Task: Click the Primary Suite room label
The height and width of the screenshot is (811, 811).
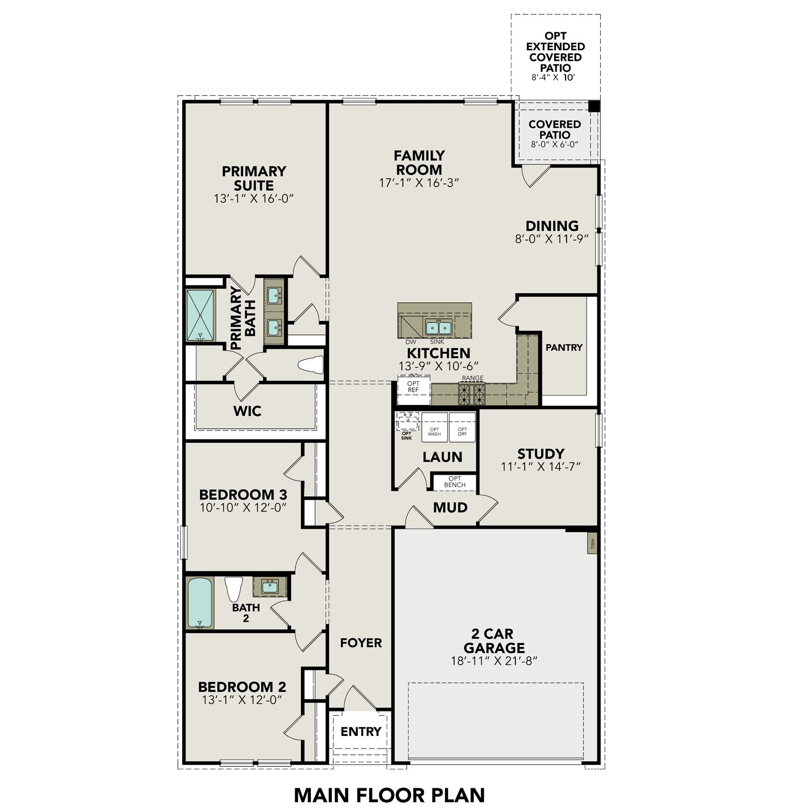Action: tap(254, 178)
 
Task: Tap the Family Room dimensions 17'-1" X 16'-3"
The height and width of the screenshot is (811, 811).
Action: tap(419, 183)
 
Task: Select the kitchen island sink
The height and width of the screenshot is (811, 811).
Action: tap(438, 327)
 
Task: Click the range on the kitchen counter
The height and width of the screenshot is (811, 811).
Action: tap(472, 393)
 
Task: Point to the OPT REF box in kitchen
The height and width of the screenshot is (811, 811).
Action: tap(414, 387)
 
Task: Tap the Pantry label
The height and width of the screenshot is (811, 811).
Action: tap(564, 348)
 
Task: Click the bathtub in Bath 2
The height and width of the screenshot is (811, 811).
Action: tap(200, 603)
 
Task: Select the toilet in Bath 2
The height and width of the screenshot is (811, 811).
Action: tap(234, 589)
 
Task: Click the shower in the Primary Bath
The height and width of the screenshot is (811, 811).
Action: tap(200, 315)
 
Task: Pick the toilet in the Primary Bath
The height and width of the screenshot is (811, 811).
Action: tap(310, 365)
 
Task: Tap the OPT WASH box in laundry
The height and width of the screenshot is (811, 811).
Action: tap(435, 431)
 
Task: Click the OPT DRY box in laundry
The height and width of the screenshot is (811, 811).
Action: tap(462, 431)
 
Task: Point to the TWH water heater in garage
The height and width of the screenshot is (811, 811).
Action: tap(593, 542)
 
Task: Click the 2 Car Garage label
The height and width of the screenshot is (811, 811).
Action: tap(494, 640)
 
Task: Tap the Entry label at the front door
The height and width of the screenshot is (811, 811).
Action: tap(361, 732)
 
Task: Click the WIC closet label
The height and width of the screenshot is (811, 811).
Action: tap(247, 411)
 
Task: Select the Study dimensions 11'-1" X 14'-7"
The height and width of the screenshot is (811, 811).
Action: tap(541, 467)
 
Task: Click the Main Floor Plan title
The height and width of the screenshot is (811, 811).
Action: tap(389, 795)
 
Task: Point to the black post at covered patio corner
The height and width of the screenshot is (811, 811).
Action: tap(594, 106)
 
